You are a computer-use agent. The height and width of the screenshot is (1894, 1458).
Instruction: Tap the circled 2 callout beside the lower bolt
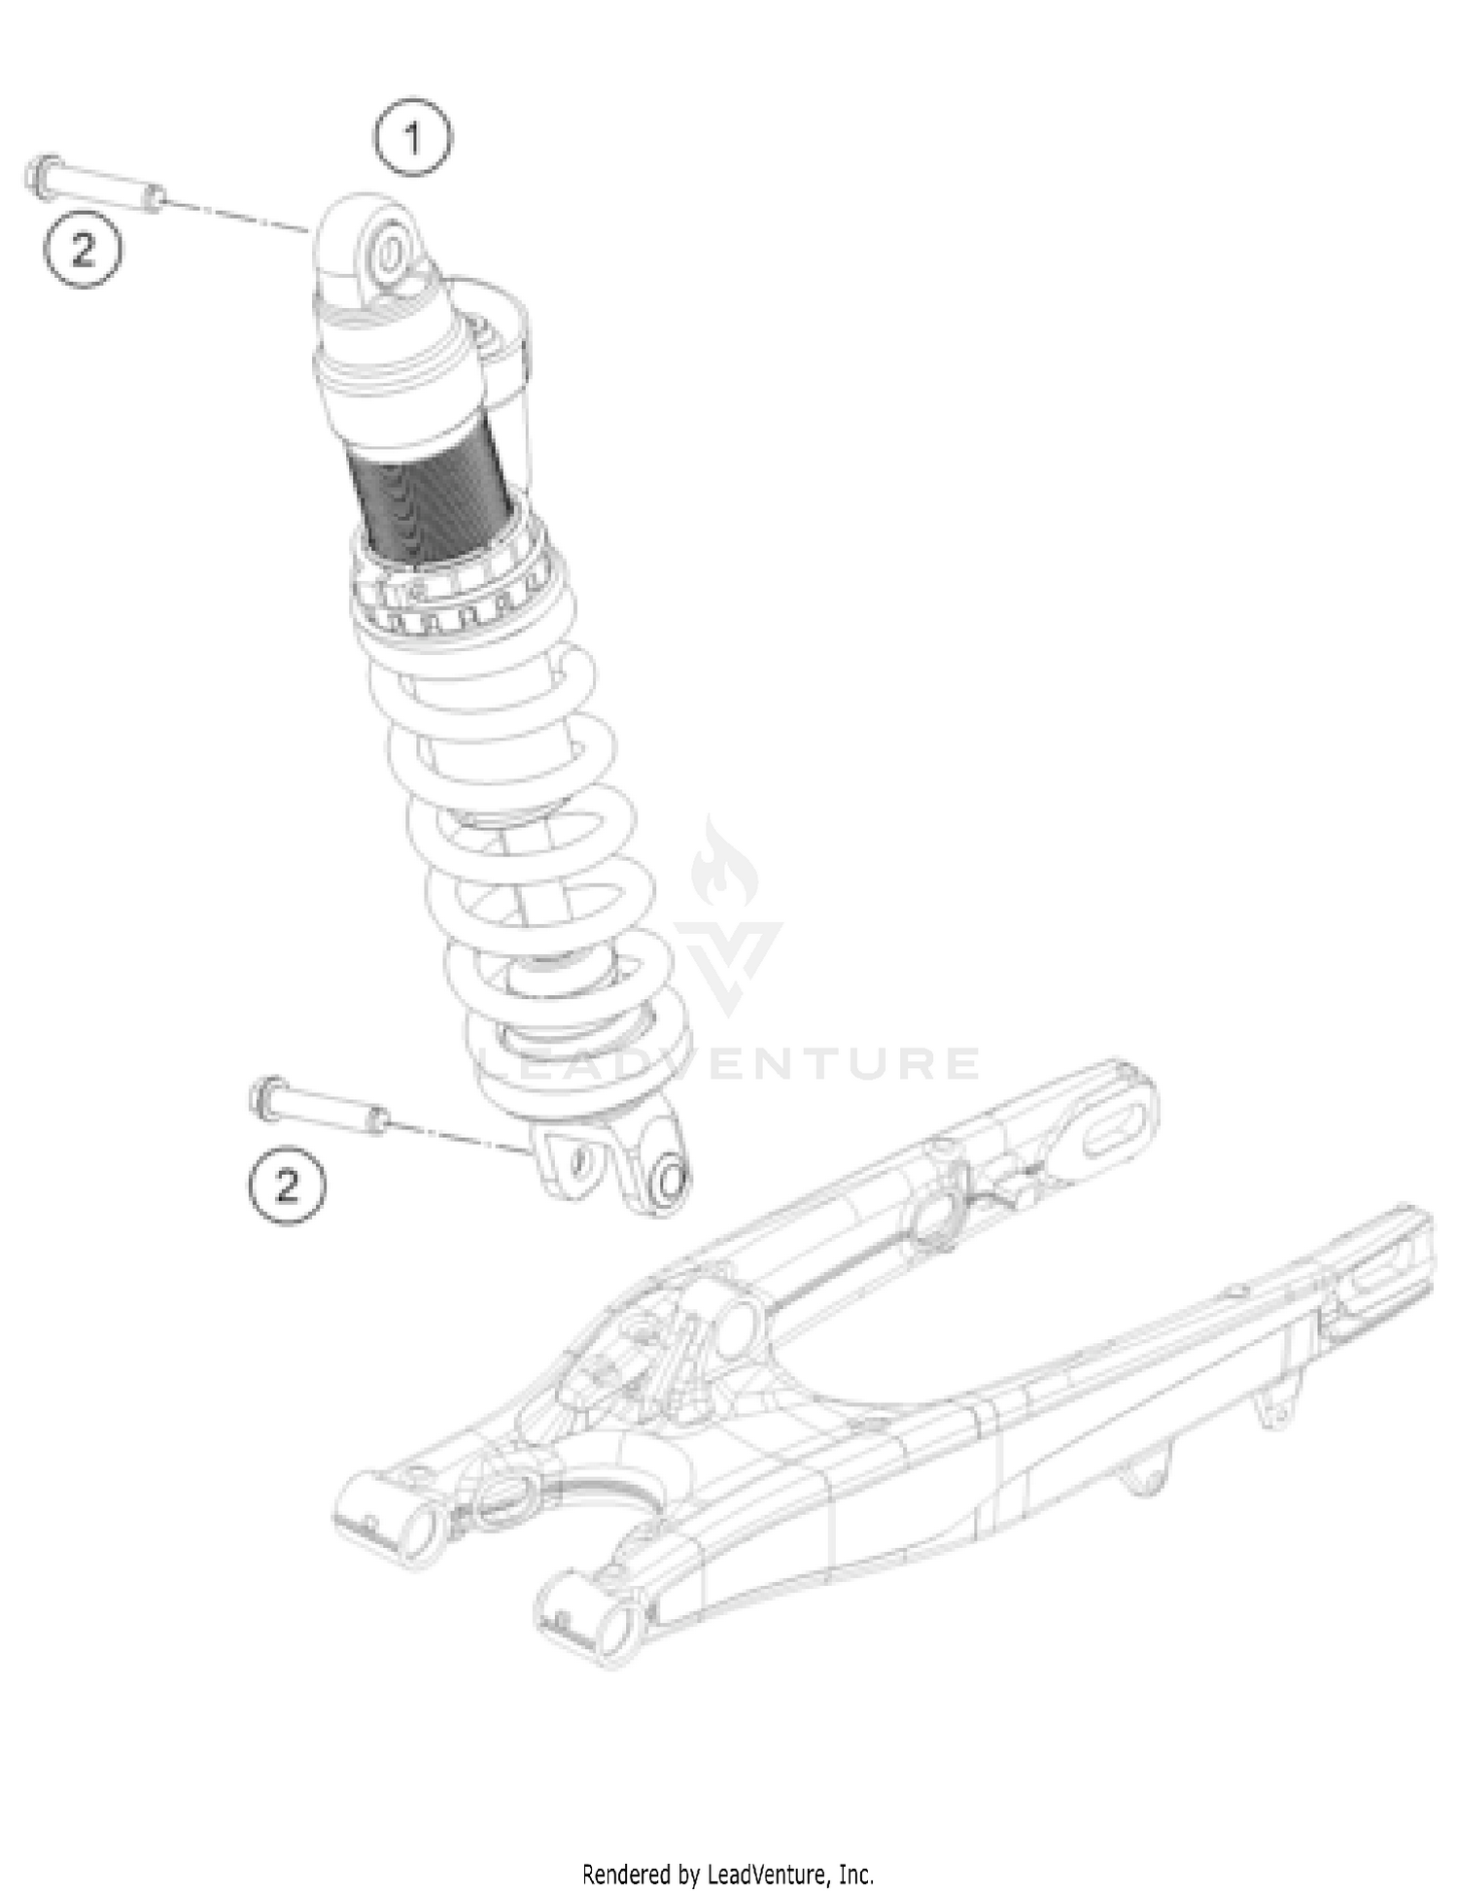287,1186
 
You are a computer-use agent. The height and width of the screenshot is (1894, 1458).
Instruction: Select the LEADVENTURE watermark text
729,1063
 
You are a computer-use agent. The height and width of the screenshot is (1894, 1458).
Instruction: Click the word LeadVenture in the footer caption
768,1873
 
